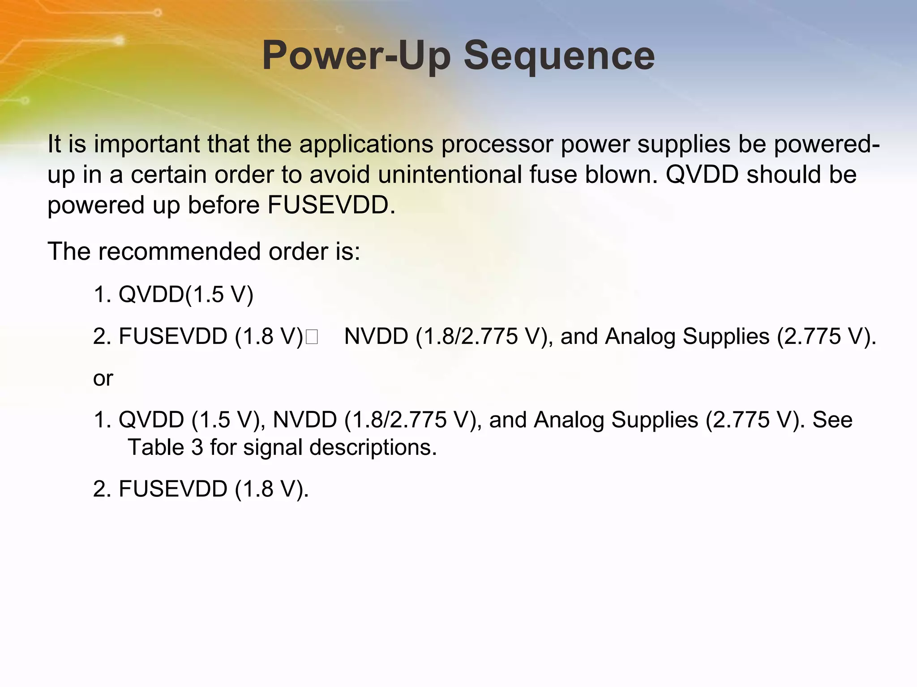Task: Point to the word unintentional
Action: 450,174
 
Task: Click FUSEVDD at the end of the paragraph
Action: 331,205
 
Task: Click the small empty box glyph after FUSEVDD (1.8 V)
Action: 312,337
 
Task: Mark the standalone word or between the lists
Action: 103,378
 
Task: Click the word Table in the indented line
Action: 155,447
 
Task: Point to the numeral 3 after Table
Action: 197,447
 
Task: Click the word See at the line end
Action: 832,420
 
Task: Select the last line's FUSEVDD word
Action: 173,488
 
